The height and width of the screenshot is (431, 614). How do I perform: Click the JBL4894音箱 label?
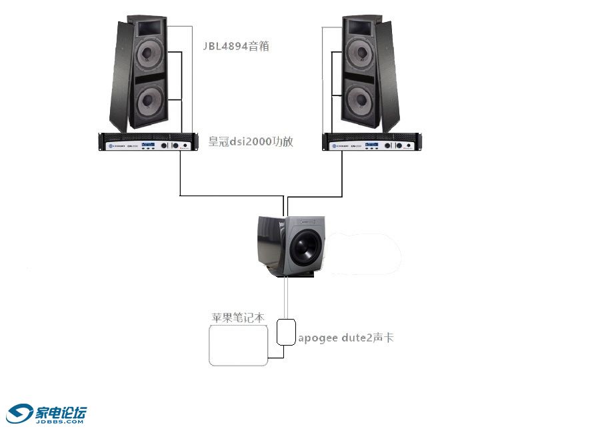pyautogui.click(x=236, y=46)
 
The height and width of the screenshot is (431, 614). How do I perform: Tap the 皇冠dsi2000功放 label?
pyautogui.click(x=251, y=141)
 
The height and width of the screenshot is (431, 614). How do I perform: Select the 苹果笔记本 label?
pyautogui.click(x=238, y=318)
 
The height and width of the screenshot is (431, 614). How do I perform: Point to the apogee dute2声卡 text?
pyautogui.click(x=346, y=338)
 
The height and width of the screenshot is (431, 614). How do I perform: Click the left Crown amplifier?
pyautogui.click(x=149, y=142)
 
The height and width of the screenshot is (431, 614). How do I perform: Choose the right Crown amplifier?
pyautogui.click(x=372, y=142)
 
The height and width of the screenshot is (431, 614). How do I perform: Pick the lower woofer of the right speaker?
pyautogui.click(x=360, y=100)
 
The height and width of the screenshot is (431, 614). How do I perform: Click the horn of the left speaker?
pyautogui.click(x=149, y=28)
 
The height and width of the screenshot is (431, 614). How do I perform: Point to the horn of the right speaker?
pyautogui.click(x=359, y=27)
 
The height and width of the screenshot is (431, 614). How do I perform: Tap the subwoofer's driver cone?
pyautogui.click(x=306, y=248)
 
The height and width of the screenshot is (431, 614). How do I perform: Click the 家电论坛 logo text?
pyautogui.click(x=61, y=412)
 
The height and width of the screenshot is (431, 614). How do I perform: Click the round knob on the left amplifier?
pyautogui.click(x=175, y=145)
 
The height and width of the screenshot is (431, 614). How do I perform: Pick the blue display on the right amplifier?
pyautogui.click(x=371, y=145)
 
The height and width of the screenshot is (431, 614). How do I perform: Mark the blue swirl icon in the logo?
pyautogui.click(x=19, y=413)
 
